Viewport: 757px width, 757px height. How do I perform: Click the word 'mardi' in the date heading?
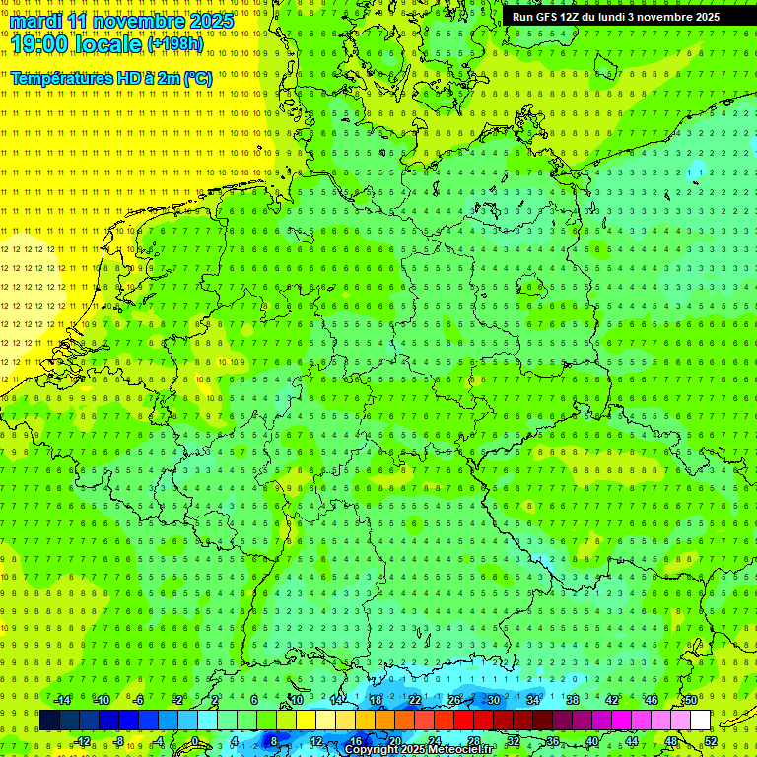coord(34,21)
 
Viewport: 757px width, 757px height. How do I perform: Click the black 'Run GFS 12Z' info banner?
coord(616,17)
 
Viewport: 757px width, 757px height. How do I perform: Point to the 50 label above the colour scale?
coord(691,700)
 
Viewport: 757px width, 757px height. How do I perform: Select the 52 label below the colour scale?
coord(711,741)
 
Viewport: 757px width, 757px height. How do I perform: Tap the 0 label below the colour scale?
coord(195,741)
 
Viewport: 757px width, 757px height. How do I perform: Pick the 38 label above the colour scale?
coord(573,700)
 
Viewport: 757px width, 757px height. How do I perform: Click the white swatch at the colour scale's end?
coord(700,720)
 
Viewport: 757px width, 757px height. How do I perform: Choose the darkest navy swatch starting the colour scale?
coord(49,720)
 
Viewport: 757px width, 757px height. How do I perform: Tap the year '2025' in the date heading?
coord(211,21)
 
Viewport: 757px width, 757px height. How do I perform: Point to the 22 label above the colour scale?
coord(415,700)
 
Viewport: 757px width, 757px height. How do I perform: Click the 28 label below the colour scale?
coord(474,741)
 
